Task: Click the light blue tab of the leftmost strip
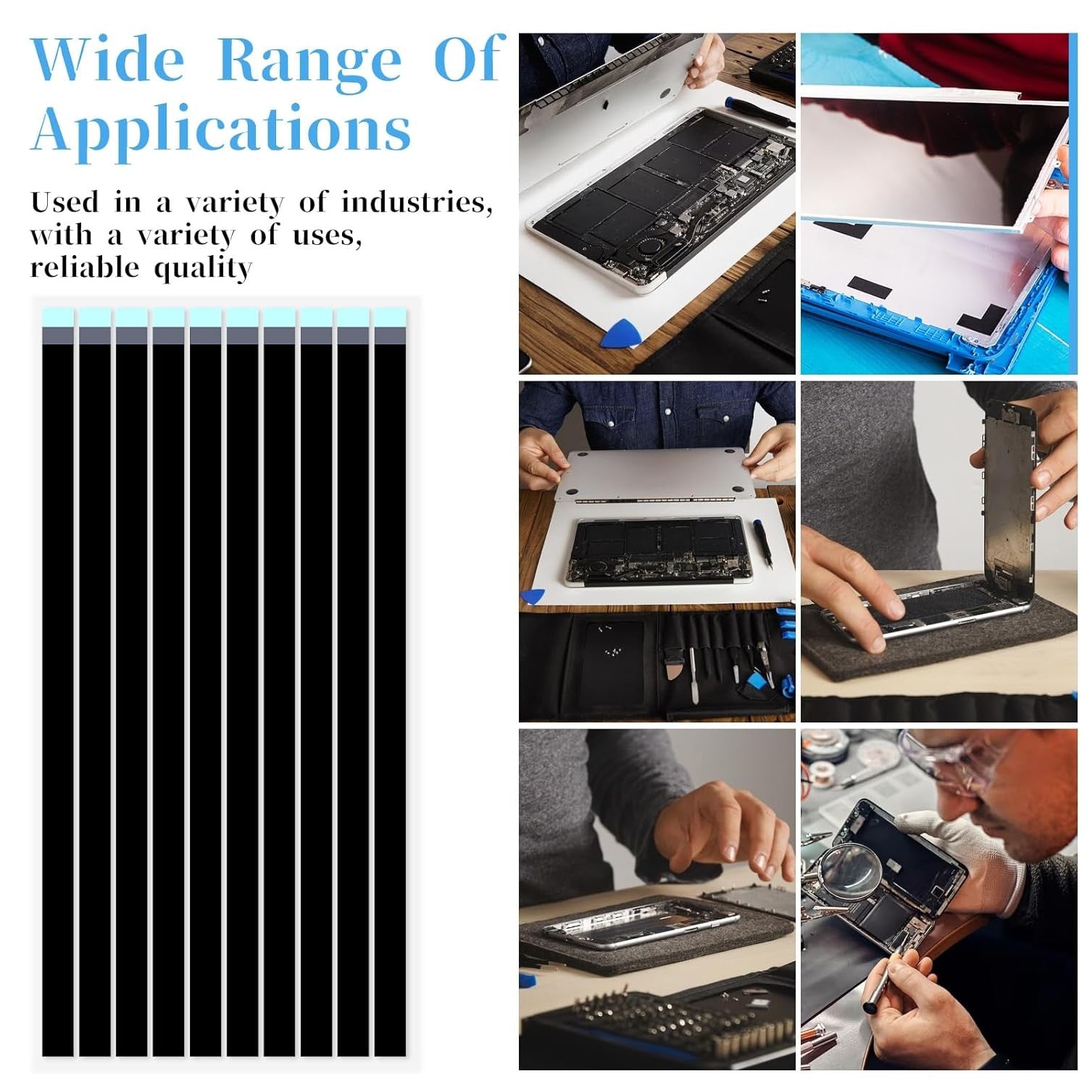coord(58,317)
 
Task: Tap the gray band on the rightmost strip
coord(390,335)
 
